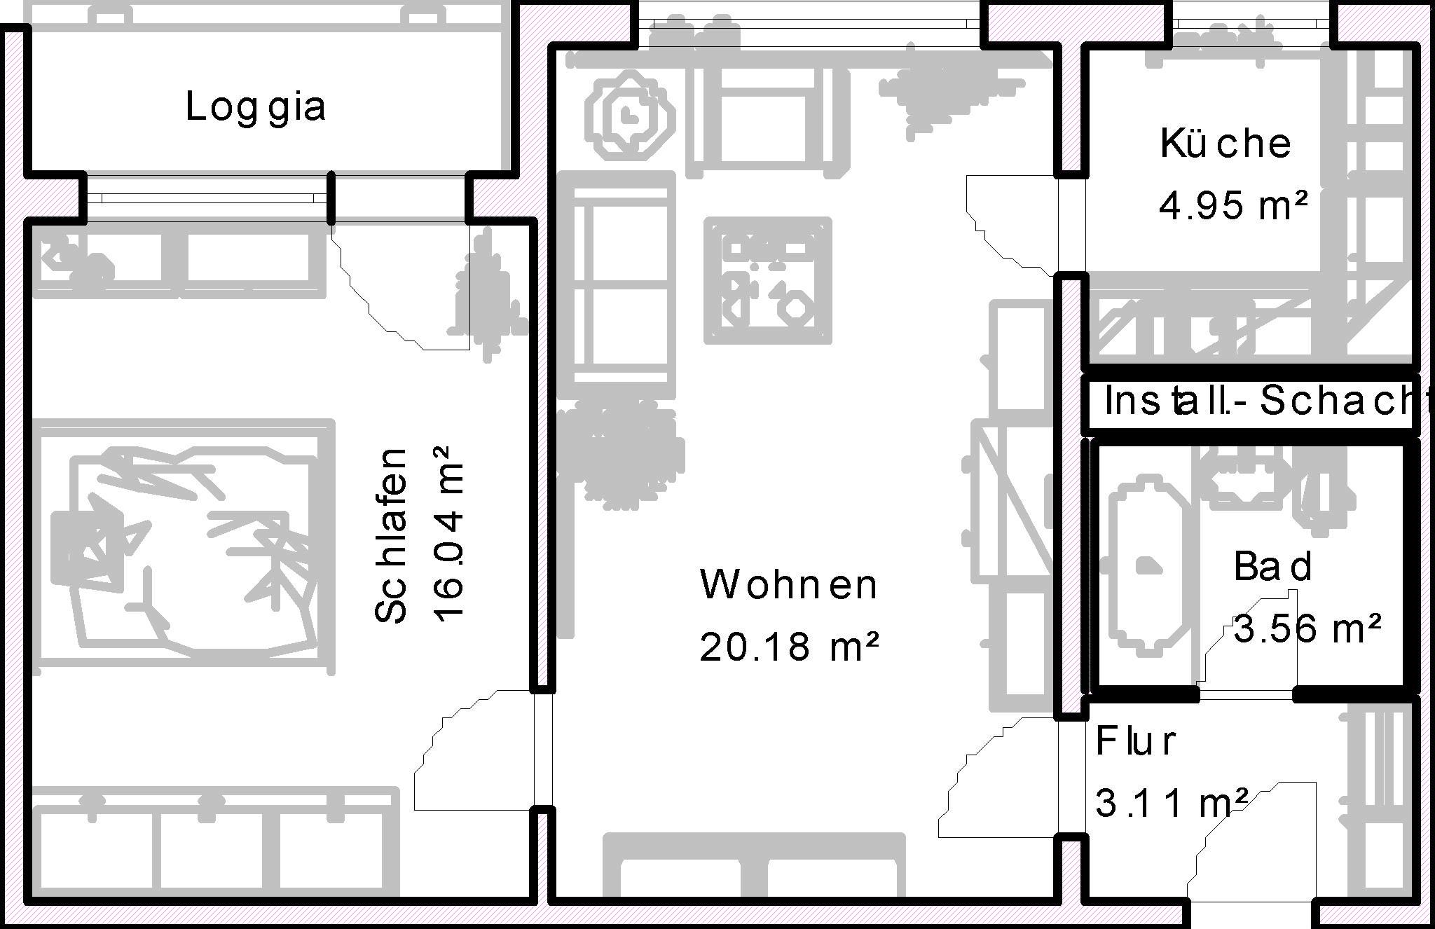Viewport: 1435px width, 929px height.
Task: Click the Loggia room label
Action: [x=255, y=108]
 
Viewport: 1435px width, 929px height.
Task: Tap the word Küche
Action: [x=1225, y=144]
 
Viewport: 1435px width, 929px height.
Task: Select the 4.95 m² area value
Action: [x=1233, y=206]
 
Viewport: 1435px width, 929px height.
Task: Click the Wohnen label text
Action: [x=788, y=585]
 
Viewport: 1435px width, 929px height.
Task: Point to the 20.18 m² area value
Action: [x=788, y=647]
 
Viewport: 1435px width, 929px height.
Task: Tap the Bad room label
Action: [x=1272, y=567]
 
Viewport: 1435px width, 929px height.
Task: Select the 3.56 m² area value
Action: [x=1307, y=628]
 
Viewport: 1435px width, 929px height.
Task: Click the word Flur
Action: [x=1136, y=742]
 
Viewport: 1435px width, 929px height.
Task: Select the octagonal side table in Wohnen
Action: [x=631, y=114]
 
